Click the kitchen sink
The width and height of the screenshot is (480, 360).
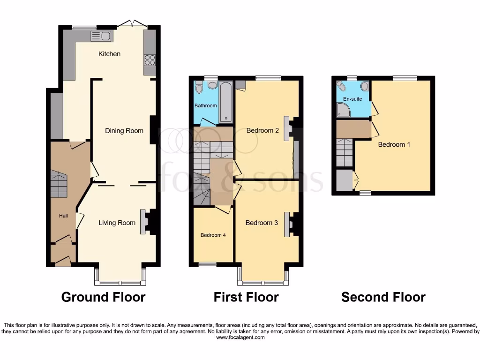click(101, 36)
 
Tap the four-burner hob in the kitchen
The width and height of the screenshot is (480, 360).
click(150, 60)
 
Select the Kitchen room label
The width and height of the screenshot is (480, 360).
click(109, 54)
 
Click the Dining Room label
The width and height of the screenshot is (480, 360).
click(124, 131)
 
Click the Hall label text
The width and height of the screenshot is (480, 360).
click(63, 216)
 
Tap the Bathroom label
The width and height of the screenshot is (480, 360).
click(206, 106)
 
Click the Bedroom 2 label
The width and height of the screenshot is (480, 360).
click(262, 131)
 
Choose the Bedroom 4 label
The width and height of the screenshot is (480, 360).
click(213, 235)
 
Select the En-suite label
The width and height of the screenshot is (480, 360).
click(352, 99)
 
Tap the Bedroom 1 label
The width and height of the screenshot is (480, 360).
click(394, 144)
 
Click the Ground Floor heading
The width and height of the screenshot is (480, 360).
click(103, 297)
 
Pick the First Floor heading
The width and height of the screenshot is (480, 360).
click(246, 297)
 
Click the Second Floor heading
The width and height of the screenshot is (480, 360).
click(383, 297)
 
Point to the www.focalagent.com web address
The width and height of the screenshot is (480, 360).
click(240, 337)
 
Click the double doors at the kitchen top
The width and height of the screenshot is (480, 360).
click(131, 23)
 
